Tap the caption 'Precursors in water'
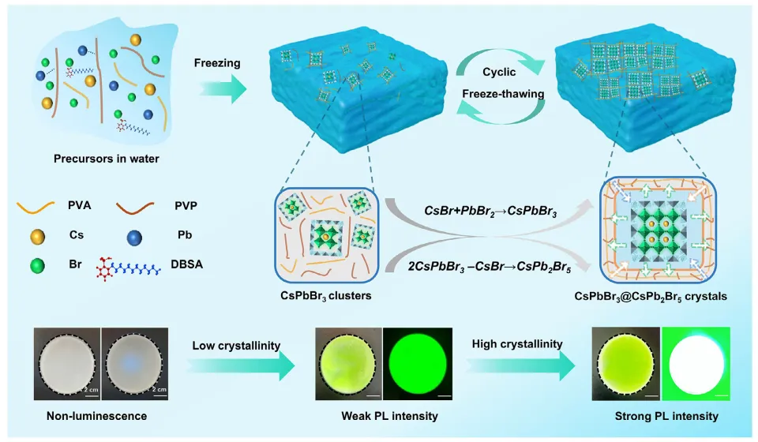[x=107, y=159]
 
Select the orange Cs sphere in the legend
[x=33, y=236]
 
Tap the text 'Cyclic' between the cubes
[x=498, y=72]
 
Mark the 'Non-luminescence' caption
[x=100, y=416]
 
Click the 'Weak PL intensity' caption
[x=383, y=416]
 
